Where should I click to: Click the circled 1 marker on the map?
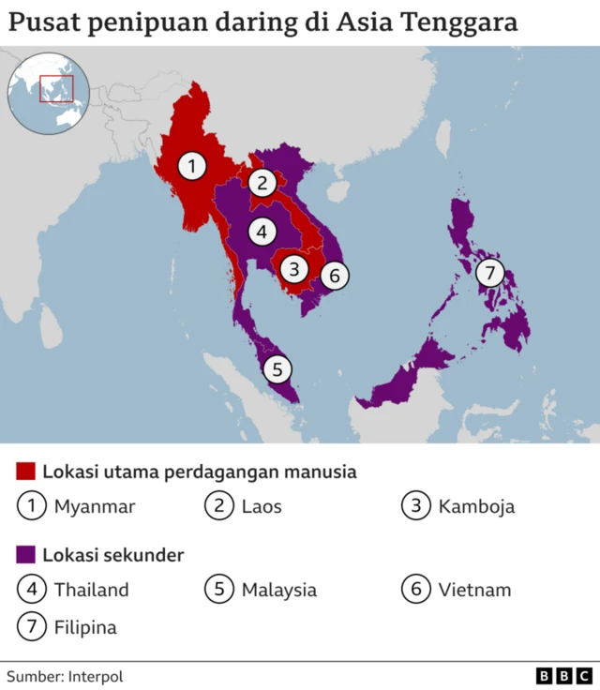(x=192, y=167)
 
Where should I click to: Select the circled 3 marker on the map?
(x=294, y=269)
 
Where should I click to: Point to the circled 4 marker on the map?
(x=262, y=230)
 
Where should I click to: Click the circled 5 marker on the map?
(x=277, y=369)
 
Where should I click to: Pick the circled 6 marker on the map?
(x=335, y=276)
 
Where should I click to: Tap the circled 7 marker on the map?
(x=489, y=273)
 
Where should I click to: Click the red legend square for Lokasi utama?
(x=26, y=472)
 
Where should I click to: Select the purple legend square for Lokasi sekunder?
(x=26, y=555)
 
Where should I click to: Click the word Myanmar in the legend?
(x=95, y=507)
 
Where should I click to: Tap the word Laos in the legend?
(x=262, y=507)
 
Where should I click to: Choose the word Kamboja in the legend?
(x=476, y=507)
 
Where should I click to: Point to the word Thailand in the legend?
(x=91, y=590)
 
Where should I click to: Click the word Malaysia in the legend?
(x=278, y=590)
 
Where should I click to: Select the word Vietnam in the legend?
(x=474, y=590)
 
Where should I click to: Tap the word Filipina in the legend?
(x=85, y=627)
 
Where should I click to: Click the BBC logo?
(x=564, y=676)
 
